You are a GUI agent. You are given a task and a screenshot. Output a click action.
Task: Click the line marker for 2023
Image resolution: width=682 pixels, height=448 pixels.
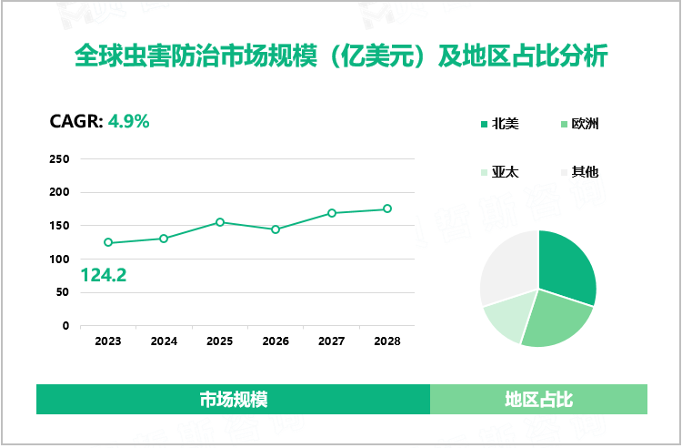[x=108, y=242]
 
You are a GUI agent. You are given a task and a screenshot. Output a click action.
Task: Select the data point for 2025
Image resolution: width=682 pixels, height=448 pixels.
[x=220, y=222]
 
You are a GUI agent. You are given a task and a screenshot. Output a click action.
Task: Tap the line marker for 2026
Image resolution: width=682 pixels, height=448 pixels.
[x=276, y=229]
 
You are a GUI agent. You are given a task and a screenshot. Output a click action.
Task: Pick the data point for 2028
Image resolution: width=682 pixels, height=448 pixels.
[x=387, y=209]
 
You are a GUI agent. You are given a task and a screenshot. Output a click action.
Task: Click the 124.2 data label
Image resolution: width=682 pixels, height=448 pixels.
[x=104, y=274]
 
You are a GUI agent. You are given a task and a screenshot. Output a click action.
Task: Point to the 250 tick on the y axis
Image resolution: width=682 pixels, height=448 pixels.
[x=59, y=159]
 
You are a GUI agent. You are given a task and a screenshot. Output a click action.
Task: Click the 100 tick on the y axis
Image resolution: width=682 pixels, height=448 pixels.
[x=59, y=260]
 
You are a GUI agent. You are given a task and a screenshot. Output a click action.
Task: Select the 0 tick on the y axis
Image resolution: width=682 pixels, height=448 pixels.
[x=65, y=326]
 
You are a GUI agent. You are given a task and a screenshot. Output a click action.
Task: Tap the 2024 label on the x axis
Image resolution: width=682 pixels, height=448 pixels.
[x=164, y=341]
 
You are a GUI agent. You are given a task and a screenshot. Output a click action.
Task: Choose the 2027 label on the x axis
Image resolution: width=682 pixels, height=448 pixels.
[x=331, y=341]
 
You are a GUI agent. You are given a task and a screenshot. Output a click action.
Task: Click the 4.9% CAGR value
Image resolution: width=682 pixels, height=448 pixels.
[x=128, y=120]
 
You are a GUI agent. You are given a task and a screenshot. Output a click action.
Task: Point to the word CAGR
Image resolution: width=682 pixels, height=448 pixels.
[x=75, y=120]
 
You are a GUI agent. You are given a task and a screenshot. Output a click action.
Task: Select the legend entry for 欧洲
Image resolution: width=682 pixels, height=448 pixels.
[x=585, y=124]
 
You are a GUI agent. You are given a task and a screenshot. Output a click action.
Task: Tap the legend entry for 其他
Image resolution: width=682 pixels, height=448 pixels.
[x=585, y=172]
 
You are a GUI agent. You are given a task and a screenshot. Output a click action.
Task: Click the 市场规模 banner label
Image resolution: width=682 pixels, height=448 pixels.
[x=233, y=400]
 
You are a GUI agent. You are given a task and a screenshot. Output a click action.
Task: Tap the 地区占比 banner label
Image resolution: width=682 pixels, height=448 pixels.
[x=538, y=400]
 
